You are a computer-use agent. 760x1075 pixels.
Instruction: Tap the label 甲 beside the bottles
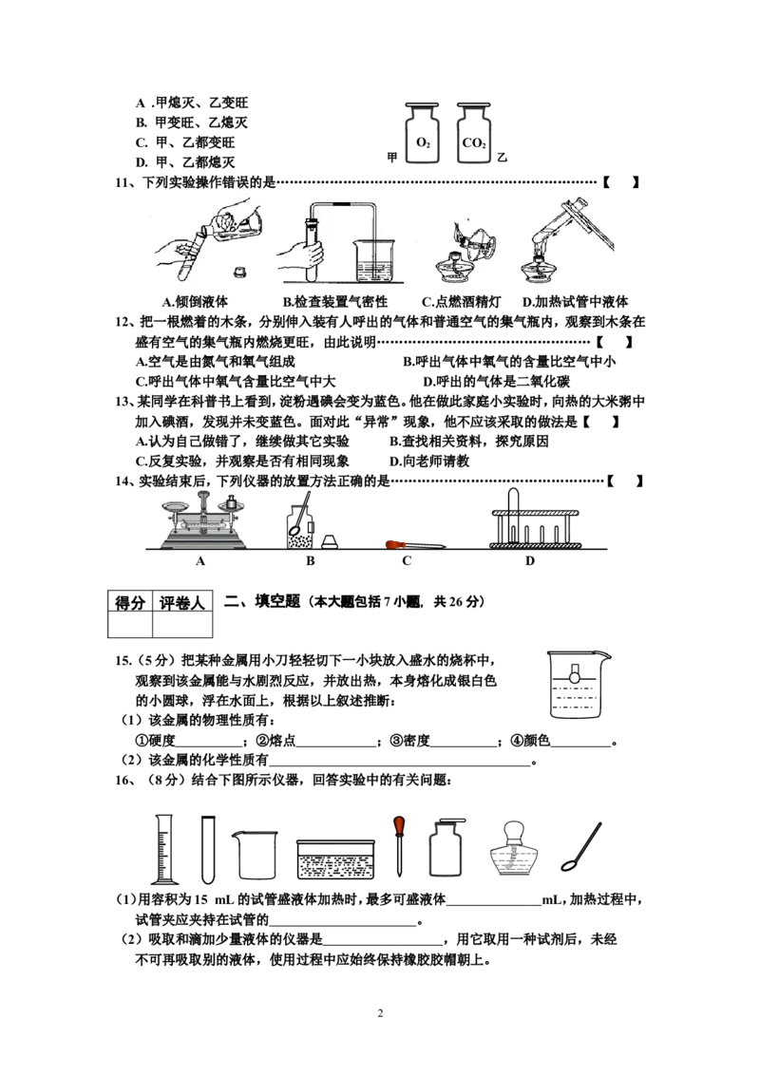(392, 158)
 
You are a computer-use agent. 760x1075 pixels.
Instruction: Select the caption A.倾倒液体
(195, 302)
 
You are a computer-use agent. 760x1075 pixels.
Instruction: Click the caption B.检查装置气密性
(335, 302)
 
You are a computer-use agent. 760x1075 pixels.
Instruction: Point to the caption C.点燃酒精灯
(461, 302)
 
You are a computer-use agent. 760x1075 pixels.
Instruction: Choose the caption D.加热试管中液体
(575, 302)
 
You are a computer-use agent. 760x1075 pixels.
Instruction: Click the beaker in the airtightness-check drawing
(374, 261)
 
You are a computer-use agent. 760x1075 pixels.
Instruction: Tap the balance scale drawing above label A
(203, 520)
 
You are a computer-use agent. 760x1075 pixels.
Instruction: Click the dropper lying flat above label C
(416, 545)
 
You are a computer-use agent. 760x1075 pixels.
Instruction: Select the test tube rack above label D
(535, 519)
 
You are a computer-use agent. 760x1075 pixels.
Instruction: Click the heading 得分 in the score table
(129, 603)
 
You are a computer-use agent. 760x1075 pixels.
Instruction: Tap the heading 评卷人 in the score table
(181, 603)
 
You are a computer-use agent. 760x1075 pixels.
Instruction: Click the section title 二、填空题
(263, 601)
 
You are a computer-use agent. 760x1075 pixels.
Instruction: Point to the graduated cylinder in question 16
(164, 849)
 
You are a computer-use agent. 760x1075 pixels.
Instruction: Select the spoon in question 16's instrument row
(581, 847)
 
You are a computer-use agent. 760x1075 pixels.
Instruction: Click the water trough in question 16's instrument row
(335, 859)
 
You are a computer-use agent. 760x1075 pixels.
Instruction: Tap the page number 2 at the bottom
(380, 1013)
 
